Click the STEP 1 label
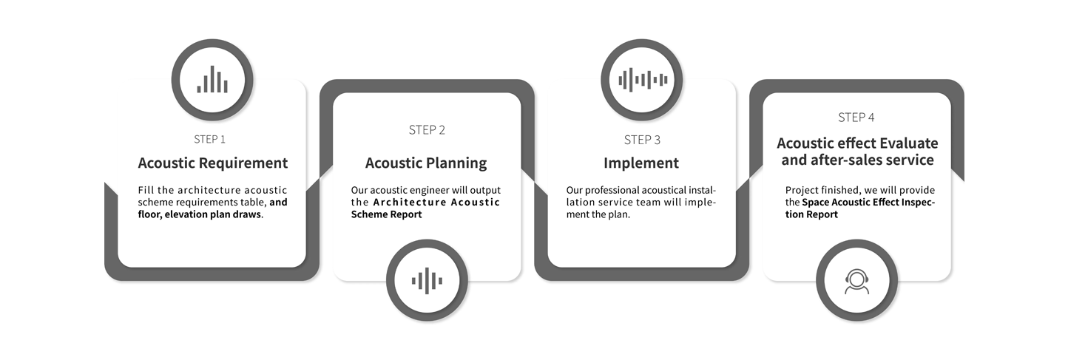(209, 139)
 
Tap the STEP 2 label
(427, 129)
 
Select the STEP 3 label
(642, 140)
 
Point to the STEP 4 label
(856, 118)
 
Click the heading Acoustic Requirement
(213, 163)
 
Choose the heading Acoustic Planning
(426, 163)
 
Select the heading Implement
(641, 163)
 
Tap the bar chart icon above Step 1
(212, 79)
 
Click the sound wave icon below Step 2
(427, 280)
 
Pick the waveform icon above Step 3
(642, 80)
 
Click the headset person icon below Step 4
(856, 282)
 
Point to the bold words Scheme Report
(386, 214)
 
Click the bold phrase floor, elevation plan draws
(200, 214)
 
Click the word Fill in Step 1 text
(146, 190)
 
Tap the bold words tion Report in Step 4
(811, 214)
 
